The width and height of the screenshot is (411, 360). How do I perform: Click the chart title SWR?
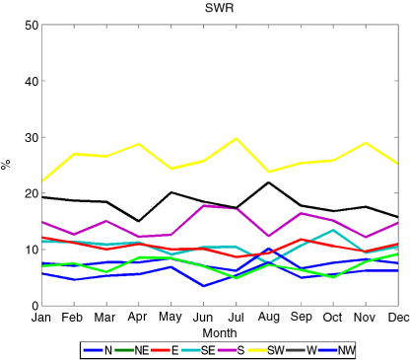(219, 8)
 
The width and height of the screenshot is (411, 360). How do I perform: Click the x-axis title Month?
(220, 333)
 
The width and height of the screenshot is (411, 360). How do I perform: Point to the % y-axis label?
(6, 164)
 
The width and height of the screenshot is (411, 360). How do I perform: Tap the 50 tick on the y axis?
(32, 26)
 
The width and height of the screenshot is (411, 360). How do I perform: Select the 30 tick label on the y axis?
(32, 138)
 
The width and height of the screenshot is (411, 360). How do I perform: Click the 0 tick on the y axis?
(35, 306)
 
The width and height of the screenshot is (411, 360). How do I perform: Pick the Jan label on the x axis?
(41, 318)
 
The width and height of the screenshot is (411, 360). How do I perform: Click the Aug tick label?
(269, 318)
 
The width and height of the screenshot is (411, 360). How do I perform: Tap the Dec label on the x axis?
(399, 318)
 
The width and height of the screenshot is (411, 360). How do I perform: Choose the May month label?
(171, 318)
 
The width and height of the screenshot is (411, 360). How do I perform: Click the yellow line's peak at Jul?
(236, 138)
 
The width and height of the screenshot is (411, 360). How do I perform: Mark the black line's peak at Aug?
(269, 182)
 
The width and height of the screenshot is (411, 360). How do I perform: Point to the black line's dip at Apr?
(139, 221)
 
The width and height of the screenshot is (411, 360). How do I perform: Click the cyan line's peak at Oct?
(333, 230)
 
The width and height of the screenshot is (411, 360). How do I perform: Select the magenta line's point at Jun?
(204, 206)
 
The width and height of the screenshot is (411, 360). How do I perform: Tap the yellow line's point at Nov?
(366, 143)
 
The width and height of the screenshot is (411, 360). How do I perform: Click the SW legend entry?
(266, 350)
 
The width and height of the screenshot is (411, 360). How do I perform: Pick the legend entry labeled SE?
(198, 350)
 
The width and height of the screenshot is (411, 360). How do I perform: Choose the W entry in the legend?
(302, 350)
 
